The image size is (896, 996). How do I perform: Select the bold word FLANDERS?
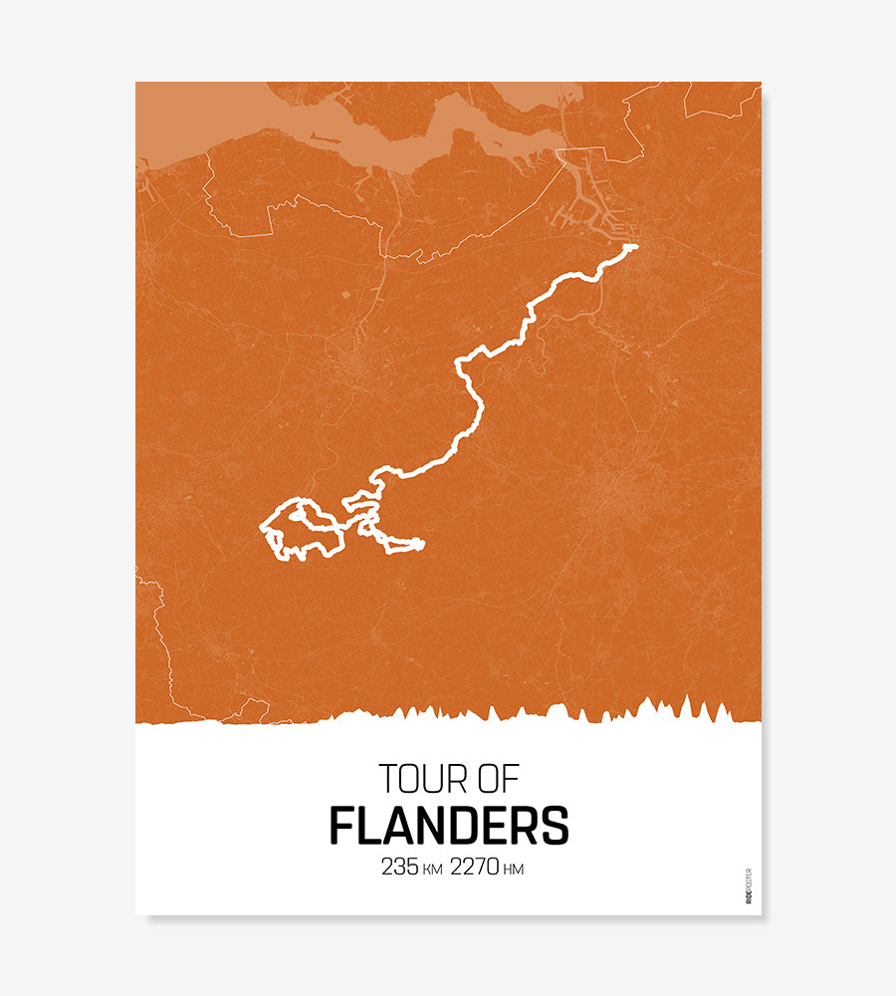click(449, 826)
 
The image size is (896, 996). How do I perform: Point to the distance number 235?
click(399, 867)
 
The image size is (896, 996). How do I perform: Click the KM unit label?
click(432, 870)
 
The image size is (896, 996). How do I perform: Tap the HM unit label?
click(514, 870)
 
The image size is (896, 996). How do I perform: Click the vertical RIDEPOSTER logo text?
click(749, 885)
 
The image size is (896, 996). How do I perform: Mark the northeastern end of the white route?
click(632, 246)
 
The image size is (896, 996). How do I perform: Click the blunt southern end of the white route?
click(420, 544)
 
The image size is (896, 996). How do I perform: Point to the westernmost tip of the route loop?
click(263, 526)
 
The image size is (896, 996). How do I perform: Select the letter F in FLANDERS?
click(342, 826)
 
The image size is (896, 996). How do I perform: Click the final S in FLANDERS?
click(555, 826)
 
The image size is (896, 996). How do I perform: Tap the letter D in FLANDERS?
click(460, 826)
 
